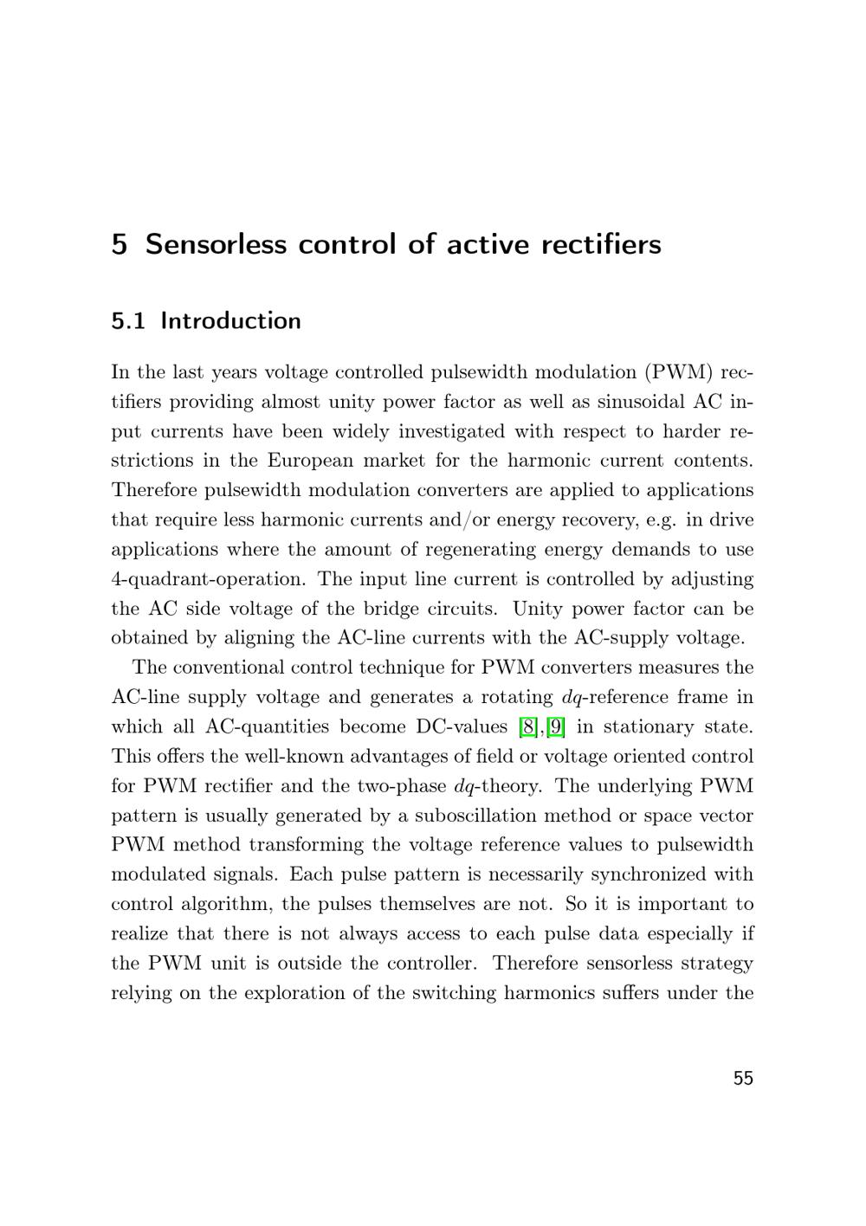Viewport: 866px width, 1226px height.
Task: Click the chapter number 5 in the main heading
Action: [x=120, y=244]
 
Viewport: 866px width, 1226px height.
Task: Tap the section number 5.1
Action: [x=129, y=321]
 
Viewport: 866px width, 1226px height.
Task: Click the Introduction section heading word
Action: [x=231, y=321]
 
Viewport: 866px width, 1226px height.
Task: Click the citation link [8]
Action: [x=527, y=726]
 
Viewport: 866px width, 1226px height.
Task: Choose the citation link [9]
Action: [x=555, y=726]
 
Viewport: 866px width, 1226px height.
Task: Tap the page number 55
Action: [x=743, y=1079]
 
